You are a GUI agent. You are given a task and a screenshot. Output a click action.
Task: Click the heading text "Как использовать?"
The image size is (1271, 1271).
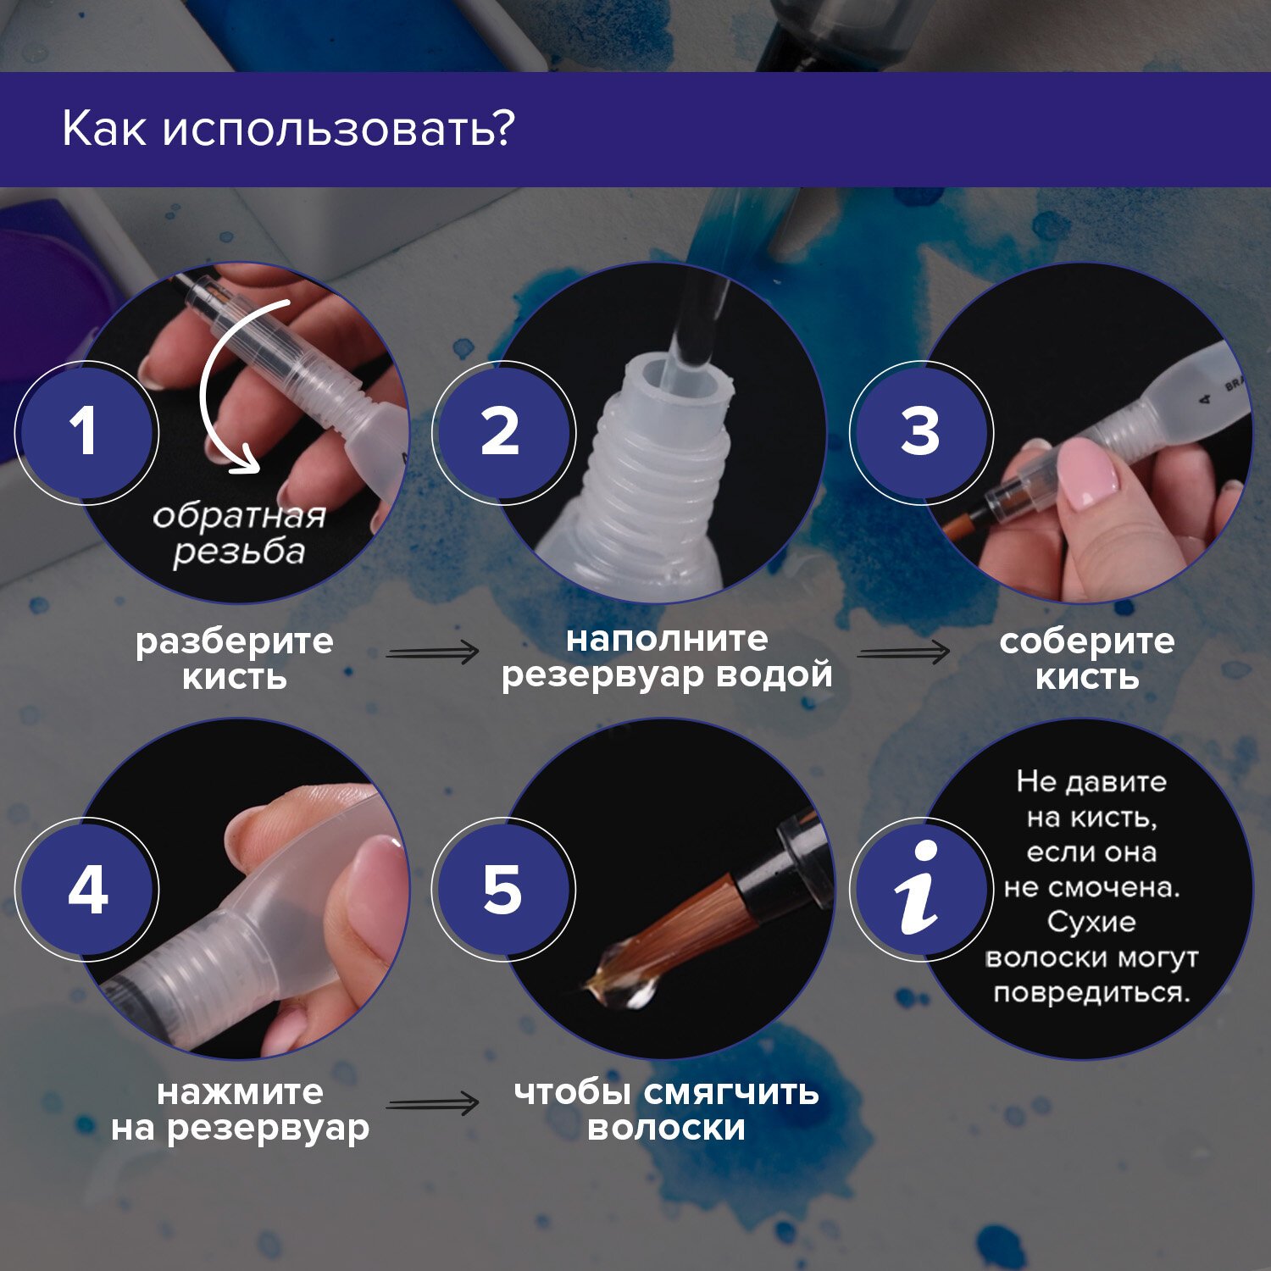[x=288, y=130]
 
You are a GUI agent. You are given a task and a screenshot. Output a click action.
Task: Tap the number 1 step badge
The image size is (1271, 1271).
[x=86, y=432]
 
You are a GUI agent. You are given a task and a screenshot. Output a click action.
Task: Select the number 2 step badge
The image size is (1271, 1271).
[x=503, y=432]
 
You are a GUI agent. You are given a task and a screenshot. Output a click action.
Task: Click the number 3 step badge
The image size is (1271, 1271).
[x=921, y=432]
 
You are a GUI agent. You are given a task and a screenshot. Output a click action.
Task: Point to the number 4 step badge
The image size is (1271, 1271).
[x=86, y=890]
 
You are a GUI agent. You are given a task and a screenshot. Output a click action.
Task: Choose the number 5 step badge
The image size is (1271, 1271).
[x=503, y=890]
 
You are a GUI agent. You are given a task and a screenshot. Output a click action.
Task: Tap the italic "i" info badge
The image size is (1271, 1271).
[x=921, y=890]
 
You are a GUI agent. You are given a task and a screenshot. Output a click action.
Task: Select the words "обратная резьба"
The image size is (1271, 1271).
[x=239, y=534]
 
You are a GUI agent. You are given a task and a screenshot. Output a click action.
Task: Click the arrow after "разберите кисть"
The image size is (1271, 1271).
[x=432, y=652]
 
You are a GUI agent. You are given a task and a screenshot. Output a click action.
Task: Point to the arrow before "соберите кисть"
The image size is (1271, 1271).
[x=903, y=652]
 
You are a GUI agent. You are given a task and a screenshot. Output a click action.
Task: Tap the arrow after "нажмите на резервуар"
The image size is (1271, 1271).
[x=432, y=1104]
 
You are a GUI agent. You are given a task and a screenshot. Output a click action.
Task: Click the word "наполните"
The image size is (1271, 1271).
[x=667, y=639]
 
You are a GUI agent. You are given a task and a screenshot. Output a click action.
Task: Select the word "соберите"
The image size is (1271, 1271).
[x=1087, y=641]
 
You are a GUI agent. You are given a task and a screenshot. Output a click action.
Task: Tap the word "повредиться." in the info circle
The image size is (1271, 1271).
[x=1092, y=992]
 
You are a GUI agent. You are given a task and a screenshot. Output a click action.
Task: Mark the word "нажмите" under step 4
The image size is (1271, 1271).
[x=240, y=1093]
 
